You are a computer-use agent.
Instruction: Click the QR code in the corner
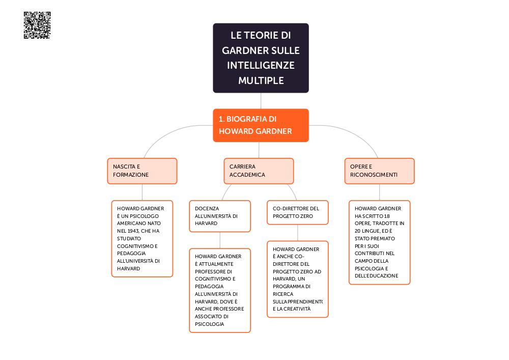coord(37,25)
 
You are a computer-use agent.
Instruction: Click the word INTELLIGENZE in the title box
coord(261,65)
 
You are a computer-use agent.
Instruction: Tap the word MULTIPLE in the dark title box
coord(261,80)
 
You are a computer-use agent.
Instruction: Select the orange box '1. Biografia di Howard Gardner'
coord(261,125)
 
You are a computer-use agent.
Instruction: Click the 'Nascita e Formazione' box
coord(142,171)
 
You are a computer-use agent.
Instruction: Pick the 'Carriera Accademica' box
coord(259,171)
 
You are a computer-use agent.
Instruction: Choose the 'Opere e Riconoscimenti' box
coord(380,171)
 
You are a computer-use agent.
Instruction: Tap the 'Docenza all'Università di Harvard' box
coord(220,216)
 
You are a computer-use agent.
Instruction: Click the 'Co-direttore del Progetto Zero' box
coord(298,213)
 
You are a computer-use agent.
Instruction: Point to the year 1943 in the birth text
coord(132,231)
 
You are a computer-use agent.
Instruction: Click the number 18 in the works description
coord(387,216)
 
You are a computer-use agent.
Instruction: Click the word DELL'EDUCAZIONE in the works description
coord(377,276)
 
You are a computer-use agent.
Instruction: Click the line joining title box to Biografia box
coord(261,101)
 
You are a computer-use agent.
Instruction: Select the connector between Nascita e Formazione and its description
coord(142,192)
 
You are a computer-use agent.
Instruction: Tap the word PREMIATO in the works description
coord(385,239)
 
